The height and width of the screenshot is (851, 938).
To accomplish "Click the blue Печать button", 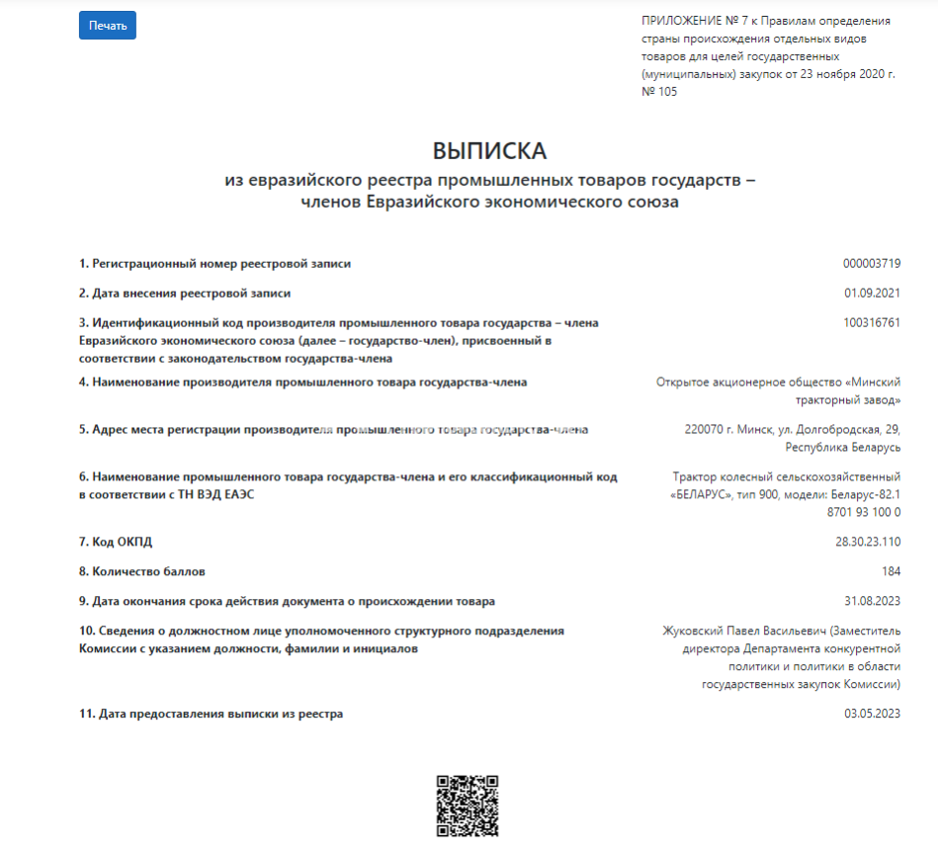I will pos(108,26).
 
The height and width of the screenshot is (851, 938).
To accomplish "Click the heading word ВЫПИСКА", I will pos(489,151).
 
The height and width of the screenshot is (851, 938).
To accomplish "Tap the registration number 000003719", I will pos(871,264).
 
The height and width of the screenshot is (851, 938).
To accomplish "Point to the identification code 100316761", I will pos(872,323).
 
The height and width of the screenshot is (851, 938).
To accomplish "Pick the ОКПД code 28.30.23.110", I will pos(867,542).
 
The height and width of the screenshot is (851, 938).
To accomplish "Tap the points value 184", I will pos(891,571).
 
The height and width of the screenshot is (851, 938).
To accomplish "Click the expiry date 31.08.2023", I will pos(872,601).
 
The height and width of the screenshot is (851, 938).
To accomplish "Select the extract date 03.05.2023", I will pos(872,714).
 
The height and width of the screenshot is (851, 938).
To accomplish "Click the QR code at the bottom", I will pos(468,806).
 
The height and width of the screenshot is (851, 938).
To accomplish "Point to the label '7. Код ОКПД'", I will pos(117,542).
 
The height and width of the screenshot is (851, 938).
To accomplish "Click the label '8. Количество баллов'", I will pos(142,571).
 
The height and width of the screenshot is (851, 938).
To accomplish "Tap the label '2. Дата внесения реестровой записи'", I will pos(185,294).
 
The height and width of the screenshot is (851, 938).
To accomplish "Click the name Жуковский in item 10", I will pos(694,631).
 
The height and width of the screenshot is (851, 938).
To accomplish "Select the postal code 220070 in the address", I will pos(704,430).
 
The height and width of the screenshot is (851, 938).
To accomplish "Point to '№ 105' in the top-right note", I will pos(660,92).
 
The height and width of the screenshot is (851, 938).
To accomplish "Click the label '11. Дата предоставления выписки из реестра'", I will pos(212,714).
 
